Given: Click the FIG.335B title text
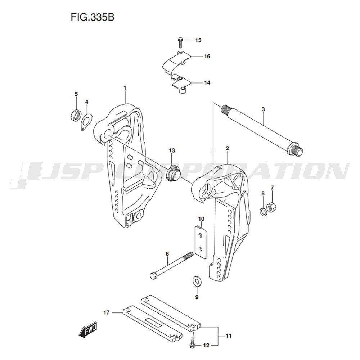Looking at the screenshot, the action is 93,17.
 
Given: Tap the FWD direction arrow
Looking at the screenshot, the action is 88,330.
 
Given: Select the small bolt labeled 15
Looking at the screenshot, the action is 180,42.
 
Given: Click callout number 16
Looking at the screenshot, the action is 207,56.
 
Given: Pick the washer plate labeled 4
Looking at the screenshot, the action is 86,122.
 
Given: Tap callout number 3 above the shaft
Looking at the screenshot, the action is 263,109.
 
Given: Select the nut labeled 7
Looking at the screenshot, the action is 271,207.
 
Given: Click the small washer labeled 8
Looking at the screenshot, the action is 263,211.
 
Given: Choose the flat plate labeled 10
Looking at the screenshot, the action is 201,242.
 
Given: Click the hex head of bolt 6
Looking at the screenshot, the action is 154,275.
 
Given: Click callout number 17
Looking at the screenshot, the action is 106,312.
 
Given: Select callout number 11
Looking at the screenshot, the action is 229,336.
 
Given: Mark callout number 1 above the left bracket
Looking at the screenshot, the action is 125,88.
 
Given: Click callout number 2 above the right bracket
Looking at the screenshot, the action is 227,148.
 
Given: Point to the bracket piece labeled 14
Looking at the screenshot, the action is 181,84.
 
